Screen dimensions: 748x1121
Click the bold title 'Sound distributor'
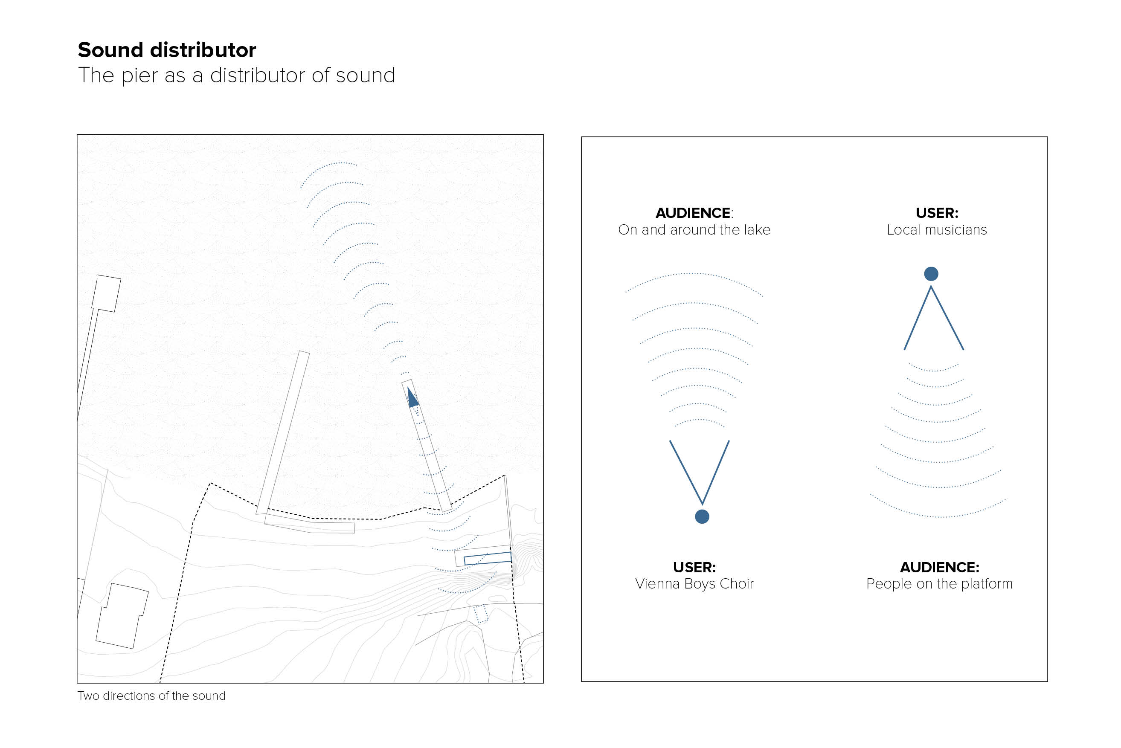[166, 50]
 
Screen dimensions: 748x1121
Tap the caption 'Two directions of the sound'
[151, 696]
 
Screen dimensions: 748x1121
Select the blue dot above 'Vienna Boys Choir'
[702, 516]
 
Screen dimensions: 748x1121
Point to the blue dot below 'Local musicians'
[931, 274]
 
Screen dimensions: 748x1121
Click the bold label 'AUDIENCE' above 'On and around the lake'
[693, 213]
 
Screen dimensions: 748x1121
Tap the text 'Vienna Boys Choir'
[694, 583]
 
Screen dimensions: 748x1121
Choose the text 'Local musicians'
[936, 230]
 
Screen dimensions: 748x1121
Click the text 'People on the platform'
[939, 583]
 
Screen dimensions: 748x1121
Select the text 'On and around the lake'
[694, 230]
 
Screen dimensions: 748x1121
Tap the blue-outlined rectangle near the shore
[488, 558]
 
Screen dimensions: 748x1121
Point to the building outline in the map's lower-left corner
[122, 616]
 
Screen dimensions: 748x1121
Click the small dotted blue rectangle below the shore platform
[480, 614]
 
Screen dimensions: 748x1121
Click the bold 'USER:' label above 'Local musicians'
[936, 213]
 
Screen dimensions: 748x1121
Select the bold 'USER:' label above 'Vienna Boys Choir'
[694, 567]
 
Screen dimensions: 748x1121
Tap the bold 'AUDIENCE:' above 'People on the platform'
[939, 567]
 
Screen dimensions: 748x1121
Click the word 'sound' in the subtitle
[366, 76]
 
